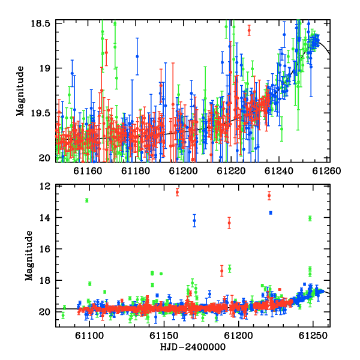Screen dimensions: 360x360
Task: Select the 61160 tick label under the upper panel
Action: (88, 171)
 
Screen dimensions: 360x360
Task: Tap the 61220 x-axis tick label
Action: (231, 171)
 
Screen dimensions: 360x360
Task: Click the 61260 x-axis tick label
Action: (326, 171)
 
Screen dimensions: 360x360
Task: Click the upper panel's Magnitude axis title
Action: (20, 91)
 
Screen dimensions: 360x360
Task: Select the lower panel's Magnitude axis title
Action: (29, 256)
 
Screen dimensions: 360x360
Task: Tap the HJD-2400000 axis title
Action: (193, 347)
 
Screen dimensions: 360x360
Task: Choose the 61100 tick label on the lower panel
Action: (89, 335)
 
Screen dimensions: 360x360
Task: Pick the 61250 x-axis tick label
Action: (313, 335)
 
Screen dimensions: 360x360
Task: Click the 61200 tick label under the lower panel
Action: (238, 335)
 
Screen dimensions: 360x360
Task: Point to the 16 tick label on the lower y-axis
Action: (45, 249)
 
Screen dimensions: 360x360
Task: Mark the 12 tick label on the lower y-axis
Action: (45, 186)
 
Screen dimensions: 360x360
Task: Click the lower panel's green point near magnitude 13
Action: (87, 200)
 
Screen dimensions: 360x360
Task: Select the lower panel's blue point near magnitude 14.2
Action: (194, 221)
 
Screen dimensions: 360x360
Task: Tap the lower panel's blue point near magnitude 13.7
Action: (271, 213)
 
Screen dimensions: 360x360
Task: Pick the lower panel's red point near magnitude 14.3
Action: (229, 223)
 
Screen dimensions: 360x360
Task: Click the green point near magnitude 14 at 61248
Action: (310, 218)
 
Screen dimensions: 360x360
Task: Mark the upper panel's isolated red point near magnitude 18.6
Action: (249, 31)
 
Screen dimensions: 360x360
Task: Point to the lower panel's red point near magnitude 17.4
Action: (222, 271)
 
